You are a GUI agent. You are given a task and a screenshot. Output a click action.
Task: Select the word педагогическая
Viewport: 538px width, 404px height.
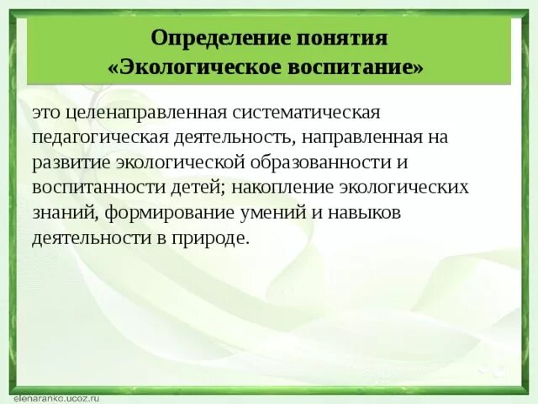point(92,137)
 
